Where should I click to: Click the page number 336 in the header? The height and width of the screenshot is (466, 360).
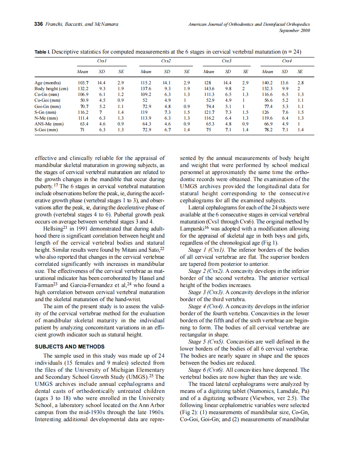pyautogui.click(x=38, y=25)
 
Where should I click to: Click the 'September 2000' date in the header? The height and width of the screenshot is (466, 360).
pyautogui.click(x=294, y=30)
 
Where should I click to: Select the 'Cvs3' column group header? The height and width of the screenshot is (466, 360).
pyautogui.click(x=227, y=61)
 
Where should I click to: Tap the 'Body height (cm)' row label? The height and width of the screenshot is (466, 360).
pyautogui.click(x=51, y=88)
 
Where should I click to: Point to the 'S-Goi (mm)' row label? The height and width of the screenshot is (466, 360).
pyautogui.click(x=46, y=129)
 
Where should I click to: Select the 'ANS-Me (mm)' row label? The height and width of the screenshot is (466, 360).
pyautogui.click(x=49, y=123)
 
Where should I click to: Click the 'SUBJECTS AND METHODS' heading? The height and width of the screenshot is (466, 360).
pyautogui.click(x=69, y=347)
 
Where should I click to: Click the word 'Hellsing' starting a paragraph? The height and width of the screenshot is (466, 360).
pyautogui.click(x=55, y=228)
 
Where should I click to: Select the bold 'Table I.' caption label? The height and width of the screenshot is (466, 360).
pyautogui.click(x=42, y=52)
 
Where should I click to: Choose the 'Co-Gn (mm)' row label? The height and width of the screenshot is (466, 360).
pyautogui.click(x=46, y=94)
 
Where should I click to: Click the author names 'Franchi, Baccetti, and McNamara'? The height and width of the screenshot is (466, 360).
pyautogui.click(x=81, y=25)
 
